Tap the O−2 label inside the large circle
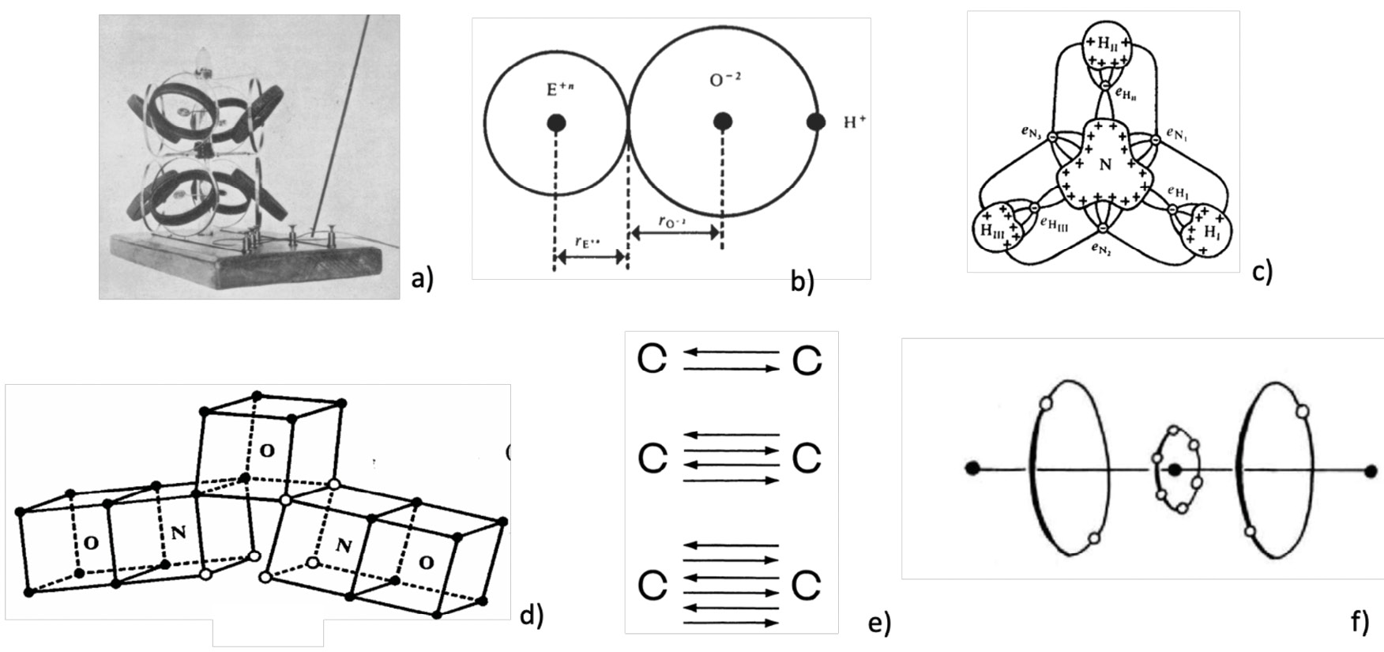pyautogui.click(x=724, y=81)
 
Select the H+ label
pyautogui.click(x=855, y=122)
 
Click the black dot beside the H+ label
pyautogui.click(x=816, y=122)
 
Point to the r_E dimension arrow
pyautogui.click(x=591, y=257)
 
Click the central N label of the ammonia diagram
pyautogui.click(x=1104, y=164)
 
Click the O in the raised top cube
pyautogui.click(x=268, y=450)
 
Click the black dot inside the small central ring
pyautogui.click(x=1175, y=470)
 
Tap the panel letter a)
pyautogui.click(x=423, y=279)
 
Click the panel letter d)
pyautogui.click(x=532, y=615)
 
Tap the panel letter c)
pyautogui.click(x=1262, y=271)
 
